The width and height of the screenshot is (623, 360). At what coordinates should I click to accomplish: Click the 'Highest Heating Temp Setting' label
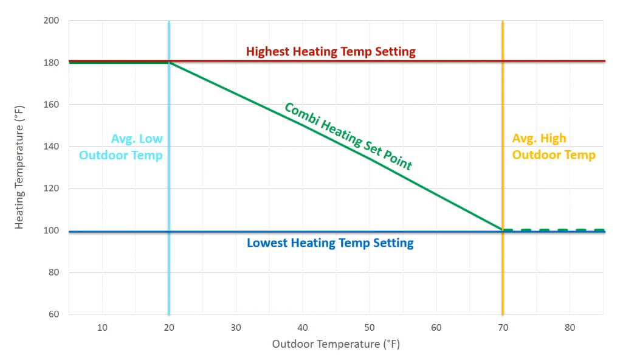tap(331, 51)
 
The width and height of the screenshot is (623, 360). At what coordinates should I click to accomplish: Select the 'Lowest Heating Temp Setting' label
tap(330, 243)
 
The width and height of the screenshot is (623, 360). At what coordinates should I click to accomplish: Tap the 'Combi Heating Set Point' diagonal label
tap(348, 136)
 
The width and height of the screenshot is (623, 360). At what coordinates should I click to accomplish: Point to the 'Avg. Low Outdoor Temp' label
tap(120, 147)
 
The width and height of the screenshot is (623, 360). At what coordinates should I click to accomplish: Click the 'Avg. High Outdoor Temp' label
tap(553, 147)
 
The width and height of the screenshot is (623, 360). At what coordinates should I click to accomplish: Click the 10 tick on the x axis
tap(102, 328)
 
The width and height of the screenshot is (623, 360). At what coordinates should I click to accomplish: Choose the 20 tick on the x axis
tap(169, 328)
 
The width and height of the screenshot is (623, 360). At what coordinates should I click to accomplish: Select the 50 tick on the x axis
tap(369, 328)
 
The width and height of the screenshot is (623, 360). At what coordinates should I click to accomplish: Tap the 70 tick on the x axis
tap(503, 328)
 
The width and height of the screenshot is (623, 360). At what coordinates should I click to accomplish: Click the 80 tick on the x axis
tap(569, 328)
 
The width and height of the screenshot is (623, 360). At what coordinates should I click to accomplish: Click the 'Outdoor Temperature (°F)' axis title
tap(336, 344)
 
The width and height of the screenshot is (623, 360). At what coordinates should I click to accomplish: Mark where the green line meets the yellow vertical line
tap(503, 230)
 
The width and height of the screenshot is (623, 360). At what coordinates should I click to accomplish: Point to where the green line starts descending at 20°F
tap(169, 62)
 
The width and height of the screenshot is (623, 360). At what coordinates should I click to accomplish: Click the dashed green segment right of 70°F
tap(553, 230)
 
